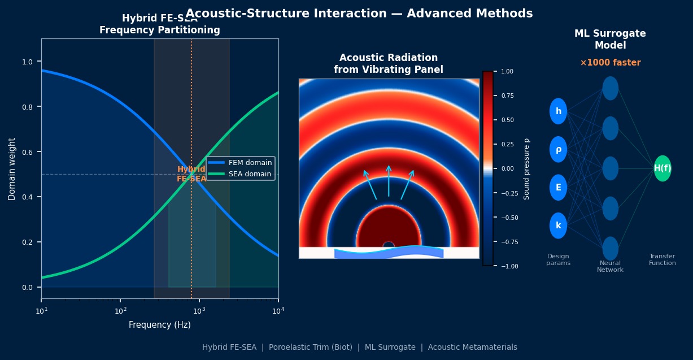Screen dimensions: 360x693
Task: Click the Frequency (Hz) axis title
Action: pyautogui.click(x=159, y=325)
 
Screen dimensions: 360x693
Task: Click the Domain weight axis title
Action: pyautogui.click(x=12, y=168)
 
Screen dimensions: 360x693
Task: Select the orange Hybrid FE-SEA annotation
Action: pyautogui.click(x=191, y=174)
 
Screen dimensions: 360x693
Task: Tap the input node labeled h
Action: pyautogui.click(x=558, y=111)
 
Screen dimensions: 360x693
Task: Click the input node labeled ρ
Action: pyautogui.click(x=558, y=149)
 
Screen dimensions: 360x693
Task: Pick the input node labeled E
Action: pyautogui.click(x=558, y=188)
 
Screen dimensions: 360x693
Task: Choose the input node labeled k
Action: pyautogui.click(x=558, y=225)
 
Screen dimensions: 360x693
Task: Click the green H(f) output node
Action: pyautogui.click(x=663, y=168)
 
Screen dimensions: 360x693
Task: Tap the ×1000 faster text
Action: pyautogui.click(x=610, y=63)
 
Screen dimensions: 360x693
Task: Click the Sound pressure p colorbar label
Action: pyautogui.click(x=526, y=168)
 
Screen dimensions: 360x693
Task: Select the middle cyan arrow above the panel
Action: pyautogui.click(x=389, y=181)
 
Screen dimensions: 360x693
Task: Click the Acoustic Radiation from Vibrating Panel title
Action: pyautogui.click(x=389, y=64)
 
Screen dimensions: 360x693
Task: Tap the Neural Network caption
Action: pyautogui.click(x=610, y=267)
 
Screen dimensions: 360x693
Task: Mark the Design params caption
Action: pyautogui.click(x=558, y=260)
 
